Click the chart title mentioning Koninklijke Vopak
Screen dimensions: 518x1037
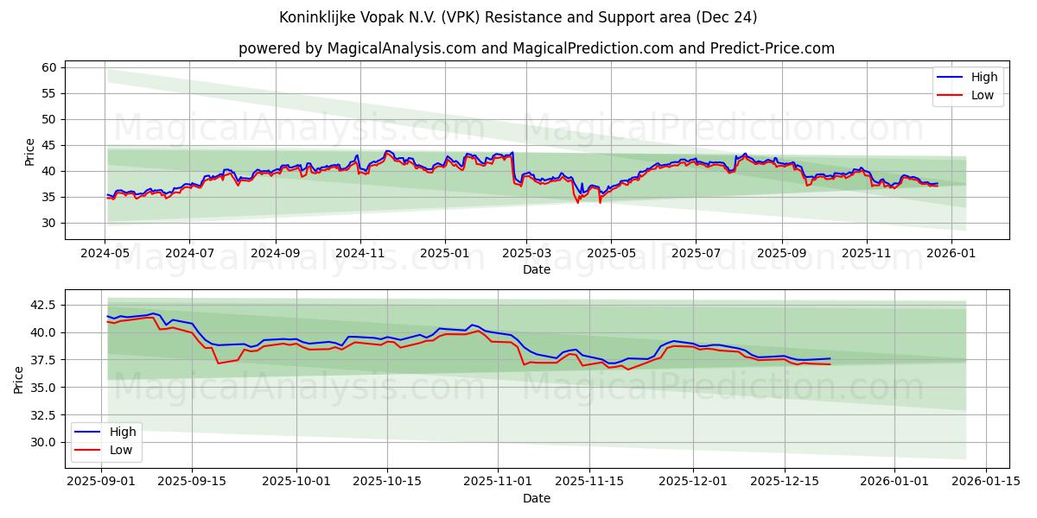pyautogui.click(x=518, y=17)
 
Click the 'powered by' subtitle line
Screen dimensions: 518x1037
pyautogui.click(x=536, y=48)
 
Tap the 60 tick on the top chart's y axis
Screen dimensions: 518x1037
pyautogui.click(x=48, y=67)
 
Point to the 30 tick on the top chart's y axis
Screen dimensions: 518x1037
pyautogui.click(x=48, y=223)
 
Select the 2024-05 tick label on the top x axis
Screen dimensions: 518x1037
pyautogui.click(x=105, y=253)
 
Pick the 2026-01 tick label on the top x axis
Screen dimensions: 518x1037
pyautogui.click(x=951, y=253)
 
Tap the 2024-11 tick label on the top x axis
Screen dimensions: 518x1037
pyautogui.click(x=359, y=253)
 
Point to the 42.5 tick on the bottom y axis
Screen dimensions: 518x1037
pyautogui.click(x=42, y=305)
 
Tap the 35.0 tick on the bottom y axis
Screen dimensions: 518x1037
pyautogui.click(x=42, y=387)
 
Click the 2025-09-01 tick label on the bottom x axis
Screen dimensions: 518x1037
pyautogui.click(x=102, y=482)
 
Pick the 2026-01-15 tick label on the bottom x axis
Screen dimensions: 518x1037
pyautogui.click(x=985, y=482)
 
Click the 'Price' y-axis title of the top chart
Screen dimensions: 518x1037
pyautogui.click(x=29, y=151)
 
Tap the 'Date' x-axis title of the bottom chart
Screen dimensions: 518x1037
pyautogui.click(x=536, y=498)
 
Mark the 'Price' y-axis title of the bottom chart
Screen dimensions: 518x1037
pyautogui.click(x=19, y=380)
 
